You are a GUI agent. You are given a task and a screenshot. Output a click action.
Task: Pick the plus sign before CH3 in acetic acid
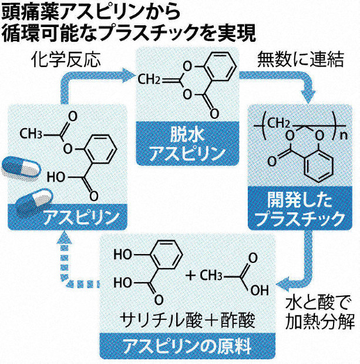[190, 275]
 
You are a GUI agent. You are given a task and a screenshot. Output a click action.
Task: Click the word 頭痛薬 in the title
[26, 12]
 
